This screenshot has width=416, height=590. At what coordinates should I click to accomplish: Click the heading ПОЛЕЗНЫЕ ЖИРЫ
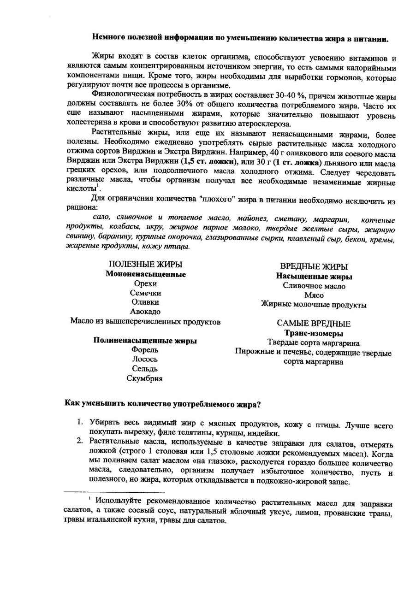click(145, 264)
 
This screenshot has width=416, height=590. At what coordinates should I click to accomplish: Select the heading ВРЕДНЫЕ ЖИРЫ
click(314, 266)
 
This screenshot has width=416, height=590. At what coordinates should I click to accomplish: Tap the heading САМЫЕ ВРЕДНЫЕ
click(314, 324)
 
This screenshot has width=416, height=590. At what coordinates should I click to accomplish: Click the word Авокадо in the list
click(145, 312)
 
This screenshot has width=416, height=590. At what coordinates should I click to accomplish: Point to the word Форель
click(145, 350)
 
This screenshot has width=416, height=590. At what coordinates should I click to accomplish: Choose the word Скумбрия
click(145, 378)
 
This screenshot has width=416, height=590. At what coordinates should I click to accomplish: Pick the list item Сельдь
click(145, 369)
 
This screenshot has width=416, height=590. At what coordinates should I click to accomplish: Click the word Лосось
click(145, 359)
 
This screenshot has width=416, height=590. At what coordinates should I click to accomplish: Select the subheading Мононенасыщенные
click(146, 274)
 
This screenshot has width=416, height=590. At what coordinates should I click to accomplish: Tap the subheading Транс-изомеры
click(314, 333)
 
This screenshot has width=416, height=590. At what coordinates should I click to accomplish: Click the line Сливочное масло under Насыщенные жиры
click(314, 286)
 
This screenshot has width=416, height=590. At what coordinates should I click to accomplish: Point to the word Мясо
click(314, 295)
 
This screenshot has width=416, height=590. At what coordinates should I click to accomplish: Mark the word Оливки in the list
click(145, 302)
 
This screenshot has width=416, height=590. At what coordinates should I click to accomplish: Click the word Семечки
click(145, 293)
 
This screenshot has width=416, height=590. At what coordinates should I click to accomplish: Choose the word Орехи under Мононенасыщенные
click(145, 284)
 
